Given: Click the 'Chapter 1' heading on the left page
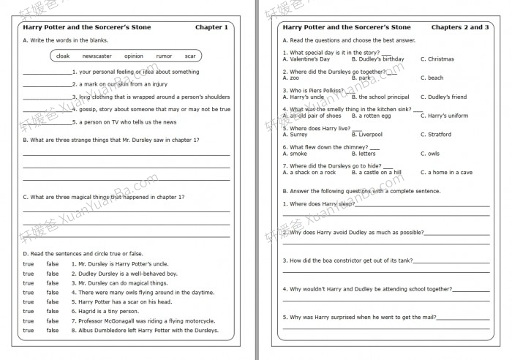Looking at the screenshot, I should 211,27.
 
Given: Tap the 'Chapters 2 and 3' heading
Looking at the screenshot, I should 460,27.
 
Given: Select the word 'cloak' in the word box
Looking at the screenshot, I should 63,56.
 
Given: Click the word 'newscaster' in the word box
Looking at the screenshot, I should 97,56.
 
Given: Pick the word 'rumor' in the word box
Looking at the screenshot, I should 164,56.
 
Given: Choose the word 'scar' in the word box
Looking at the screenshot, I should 190,56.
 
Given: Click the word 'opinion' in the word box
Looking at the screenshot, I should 134,56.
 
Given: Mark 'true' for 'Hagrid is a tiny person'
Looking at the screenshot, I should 29,311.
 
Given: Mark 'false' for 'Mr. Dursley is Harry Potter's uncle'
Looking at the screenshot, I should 53,263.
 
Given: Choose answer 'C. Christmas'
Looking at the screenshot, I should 437,59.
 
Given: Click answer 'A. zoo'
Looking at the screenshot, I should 291,78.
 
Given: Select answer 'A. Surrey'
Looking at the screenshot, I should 295,135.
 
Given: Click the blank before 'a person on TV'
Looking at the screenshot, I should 47,122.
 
